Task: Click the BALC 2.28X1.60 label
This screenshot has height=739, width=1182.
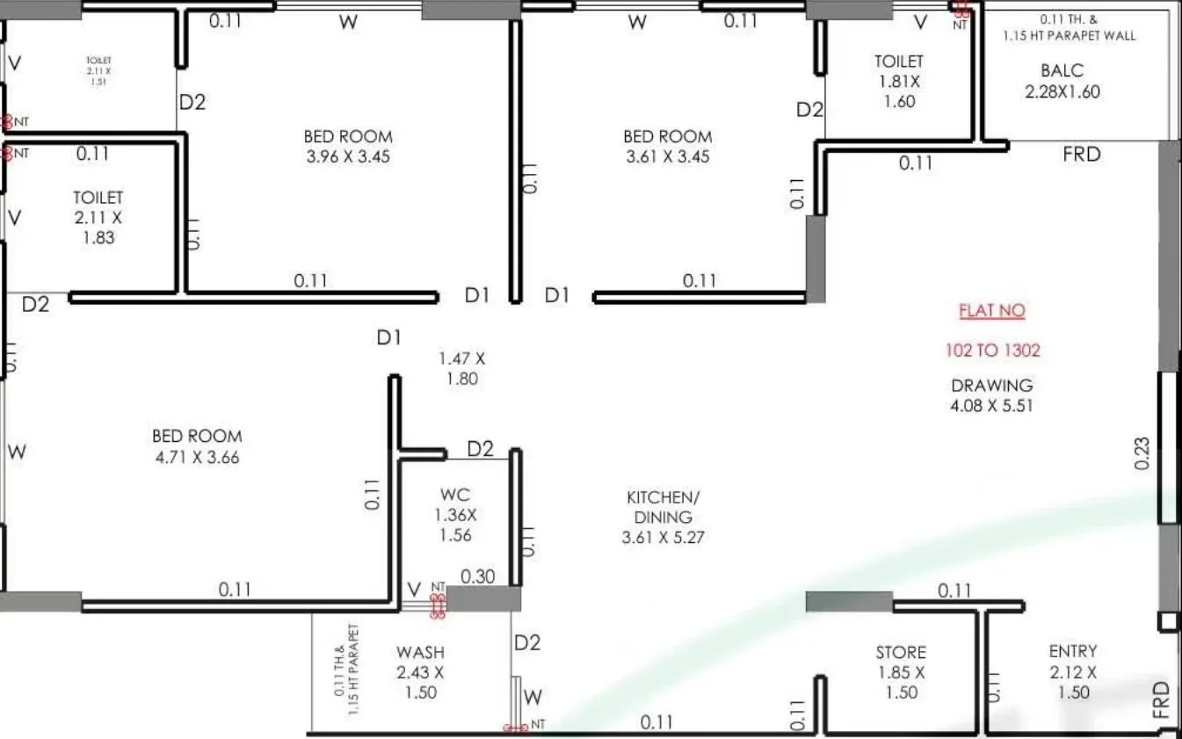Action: tap(1062, 81)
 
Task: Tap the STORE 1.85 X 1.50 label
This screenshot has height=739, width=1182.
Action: tap(901, 672)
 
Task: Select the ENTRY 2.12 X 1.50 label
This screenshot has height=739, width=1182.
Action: tap(1073, 671)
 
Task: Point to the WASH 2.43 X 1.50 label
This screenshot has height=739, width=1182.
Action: tap(420, 672)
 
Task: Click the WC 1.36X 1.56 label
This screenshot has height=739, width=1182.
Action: tap(455, 515)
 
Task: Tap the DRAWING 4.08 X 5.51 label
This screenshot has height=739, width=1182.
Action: tap(992, 395)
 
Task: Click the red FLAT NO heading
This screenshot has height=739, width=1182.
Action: tap(992, 311)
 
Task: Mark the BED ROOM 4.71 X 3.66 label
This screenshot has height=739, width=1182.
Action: tap(197, 446)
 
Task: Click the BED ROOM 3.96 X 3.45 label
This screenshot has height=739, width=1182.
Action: tap(348, 147)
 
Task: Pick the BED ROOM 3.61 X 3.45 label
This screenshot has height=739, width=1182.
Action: tap(668, 147)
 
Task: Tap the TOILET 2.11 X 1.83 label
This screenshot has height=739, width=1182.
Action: tap(98, 217)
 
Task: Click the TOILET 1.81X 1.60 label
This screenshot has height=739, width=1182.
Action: tap(899, 81)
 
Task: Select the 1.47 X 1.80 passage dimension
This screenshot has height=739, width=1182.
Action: tap(462, 369)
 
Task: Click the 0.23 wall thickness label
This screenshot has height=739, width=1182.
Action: tap(1142, 453)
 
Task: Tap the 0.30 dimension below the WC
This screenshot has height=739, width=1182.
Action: tap(478, 577)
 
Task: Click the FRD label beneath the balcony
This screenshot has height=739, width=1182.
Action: tap(1081, 155)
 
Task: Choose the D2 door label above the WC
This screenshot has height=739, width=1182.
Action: tap(480, 450)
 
